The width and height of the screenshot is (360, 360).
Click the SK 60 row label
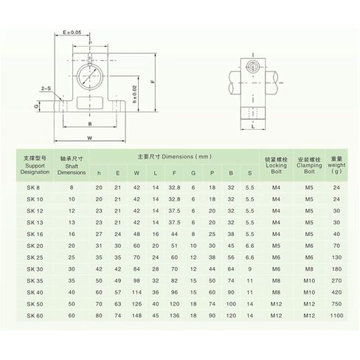coord(34,316)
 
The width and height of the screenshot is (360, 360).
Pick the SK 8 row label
coord(34,187)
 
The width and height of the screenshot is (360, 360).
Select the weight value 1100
coord(336,316)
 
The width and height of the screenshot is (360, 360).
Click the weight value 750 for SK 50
coord(336,304)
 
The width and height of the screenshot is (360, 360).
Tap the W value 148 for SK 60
coord(136,316)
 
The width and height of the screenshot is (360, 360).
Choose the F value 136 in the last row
coord(175,316)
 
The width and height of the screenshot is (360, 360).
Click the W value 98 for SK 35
coord(136,280)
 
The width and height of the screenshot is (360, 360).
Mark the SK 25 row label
coord(34,257)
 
